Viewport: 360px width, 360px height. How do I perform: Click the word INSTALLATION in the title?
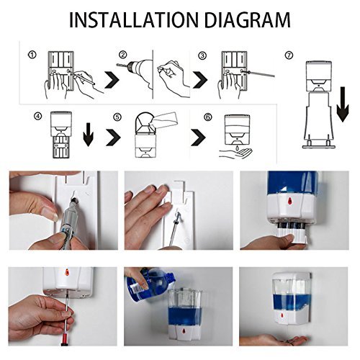pyautogui.click(x=134, y=19)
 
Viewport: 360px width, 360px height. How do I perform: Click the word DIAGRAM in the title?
pyautogui.click(x=247, y=19)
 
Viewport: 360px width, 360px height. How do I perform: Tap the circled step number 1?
pyautogui.click(x=32, y=55)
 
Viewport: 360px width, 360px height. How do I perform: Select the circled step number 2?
pyautogui.click(x=122, y=55)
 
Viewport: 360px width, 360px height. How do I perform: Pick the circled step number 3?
pyautogui.click(x=202, y=55)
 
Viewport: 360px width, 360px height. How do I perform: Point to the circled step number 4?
pyautogui.click(x=38, y=117)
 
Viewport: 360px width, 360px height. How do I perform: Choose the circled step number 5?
pyautogui.click(x=117, y=117)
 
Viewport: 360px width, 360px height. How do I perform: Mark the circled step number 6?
pyautogui.click(x=208, y=117)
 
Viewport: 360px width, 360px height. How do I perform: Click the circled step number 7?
pyautogui.click(x=289, y=55)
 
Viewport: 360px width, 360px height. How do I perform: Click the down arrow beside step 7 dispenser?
pyautogui.click(x=343, y=104)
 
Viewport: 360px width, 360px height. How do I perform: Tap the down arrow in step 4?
pyautogui.click(x=88, y=135)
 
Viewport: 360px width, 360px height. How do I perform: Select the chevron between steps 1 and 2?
pyautogui.click(x=112, y=79)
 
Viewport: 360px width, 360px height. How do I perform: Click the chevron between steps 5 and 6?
pyautogui.click(x=198, y=138)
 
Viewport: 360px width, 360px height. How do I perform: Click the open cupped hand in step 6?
pyautogui.click(x=236, y=153)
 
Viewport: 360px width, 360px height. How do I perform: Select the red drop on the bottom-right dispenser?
pyautogui.click(x=282, y=315)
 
